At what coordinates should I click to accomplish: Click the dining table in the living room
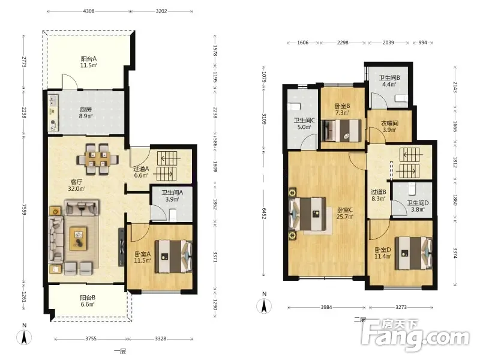pyautogui.click(x=98, y=159)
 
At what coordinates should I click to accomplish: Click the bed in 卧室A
pyautogui.click(x=173, y=256)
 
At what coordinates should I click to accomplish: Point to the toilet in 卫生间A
pyautogui.click(x=173, y=215)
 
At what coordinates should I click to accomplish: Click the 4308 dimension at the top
pyautogui.click(x=89, y=11)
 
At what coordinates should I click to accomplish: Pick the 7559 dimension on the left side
pyautogui.click(x=24, y=209)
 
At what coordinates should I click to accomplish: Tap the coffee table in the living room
pyautogui.click(x=78, y=238)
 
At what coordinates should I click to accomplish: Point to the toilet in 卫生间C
pyautogui.click(x=294, y=106)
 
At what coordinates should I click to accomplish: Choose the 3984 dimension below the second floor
pyautogui.click(x=326, y=307)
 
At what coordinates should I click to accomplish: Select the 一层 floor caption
pyautogui.click(x=120, y=351)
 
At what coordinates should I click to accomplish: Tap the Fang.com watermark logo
pyautogui.click(x=415, y=335)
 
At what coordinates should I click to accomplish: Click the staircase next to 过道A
pyautogui.click(x=167, y=166)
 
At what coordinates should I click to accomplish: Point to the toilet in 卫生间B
pyautogui.click(x=401, y=98)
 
